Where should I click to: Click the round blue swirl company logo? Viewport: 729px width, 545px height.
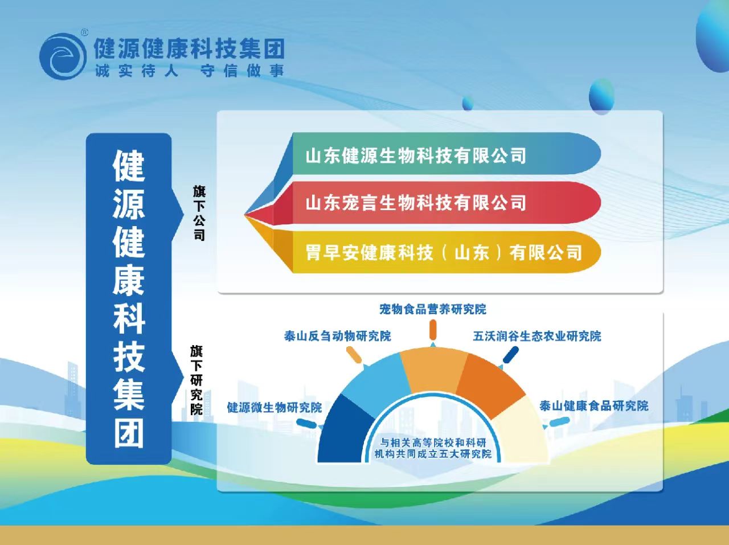[x=63, y=56]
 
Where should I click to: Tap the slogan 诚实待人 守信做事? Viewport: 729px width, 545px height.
[x=190, y=71]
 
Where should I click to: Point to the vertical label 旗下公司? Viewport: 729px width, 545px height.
[x=199, y=213]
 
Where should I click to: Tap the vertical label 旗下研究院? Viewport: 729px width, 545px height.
[x=196, y=380]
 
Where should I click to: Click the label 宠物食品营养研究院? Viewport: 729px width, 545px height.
[x=433, y=309]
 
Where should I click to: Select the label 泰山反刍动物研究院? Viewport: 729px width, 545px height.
[x=337, y=336]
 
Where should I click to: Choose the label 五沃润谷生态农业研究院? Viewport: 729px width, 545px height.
[x=537, y=336]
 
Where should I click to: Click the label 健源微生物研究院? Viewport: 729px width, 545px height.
[x=275, y=407]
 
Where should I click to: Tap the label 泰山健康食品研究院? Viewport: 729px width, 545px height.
[x=593, y=405]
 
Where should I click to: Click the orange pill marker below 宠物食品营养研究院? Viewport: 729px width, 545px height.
[x=433, y=330]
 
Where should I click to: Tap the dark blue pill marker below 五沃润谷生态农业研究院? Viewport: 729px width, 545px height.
[x=510, y=355]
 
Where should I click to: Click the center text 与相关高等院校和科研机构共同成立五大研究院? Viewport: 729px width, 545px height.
[x=433, y=448]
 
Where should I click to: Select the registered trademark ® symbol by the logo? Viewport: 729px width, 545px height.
[x=84, y=32]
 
